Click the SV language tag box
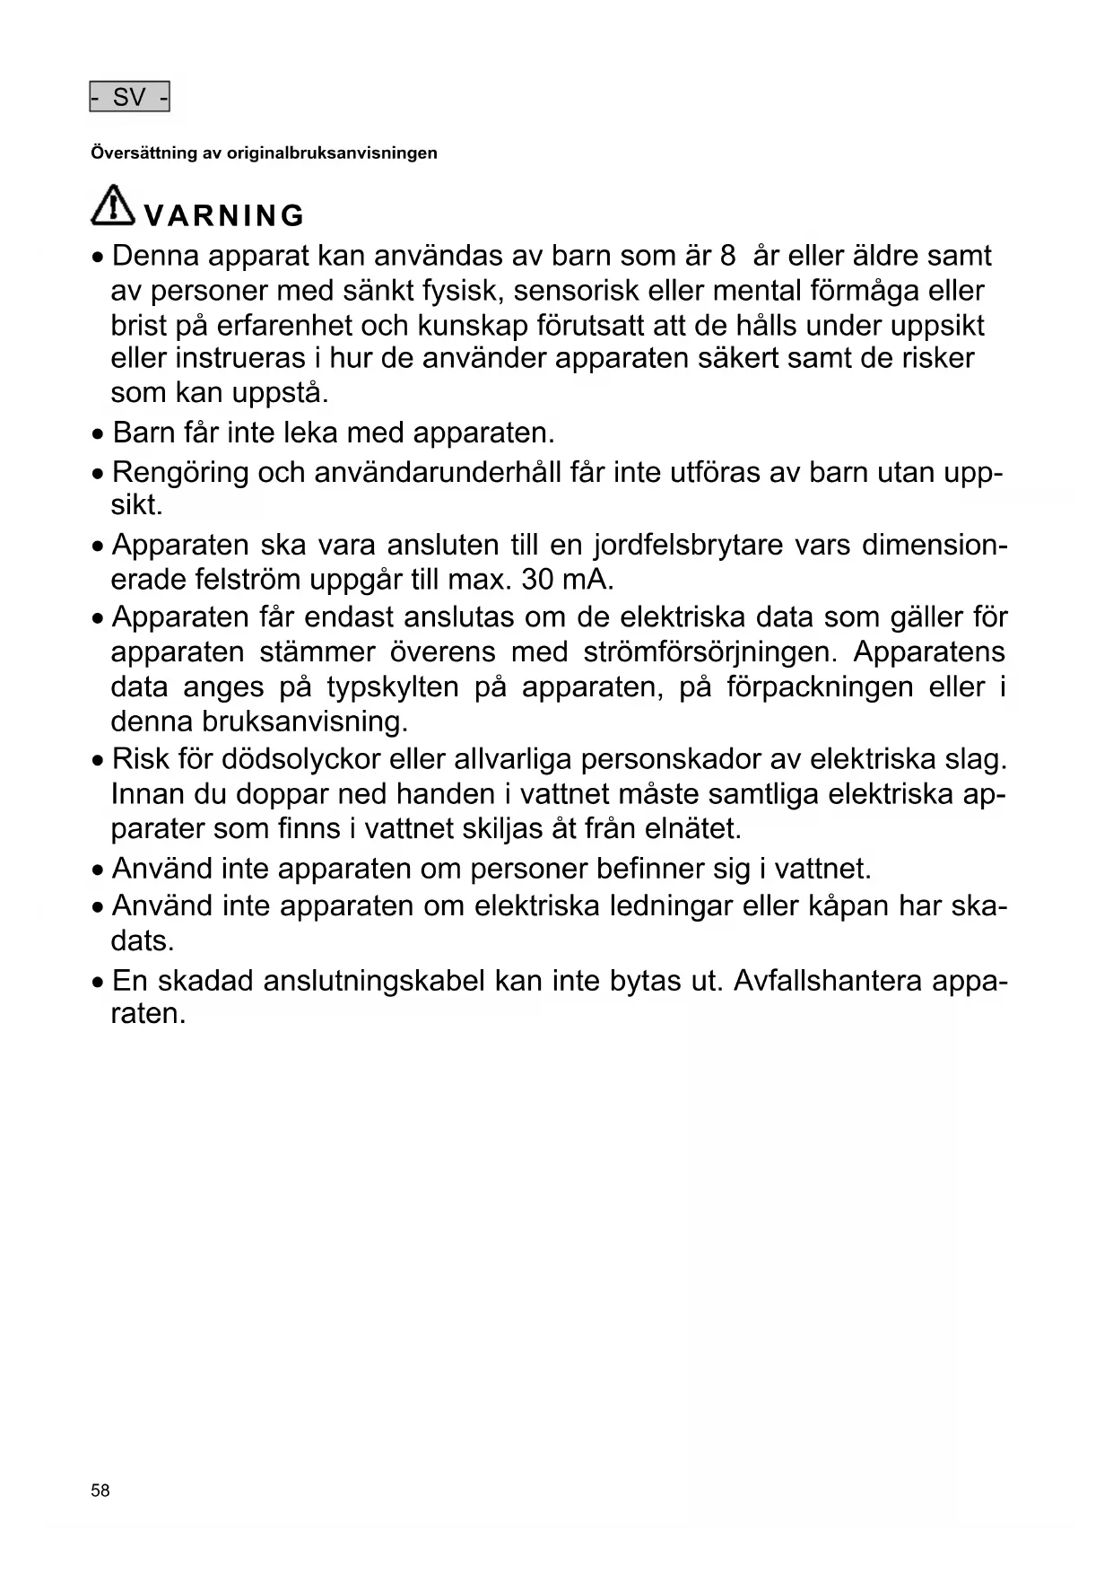tap(129, 97)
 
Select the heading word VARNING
tap(224, 216)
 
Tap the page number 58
tap(100, 1491)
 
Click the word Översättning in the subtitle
tap(143, 153)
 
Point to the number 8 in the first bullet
tap(727, 257)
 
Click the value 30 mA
tap(567, 580)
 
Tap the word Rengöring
tap(180, 472)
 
